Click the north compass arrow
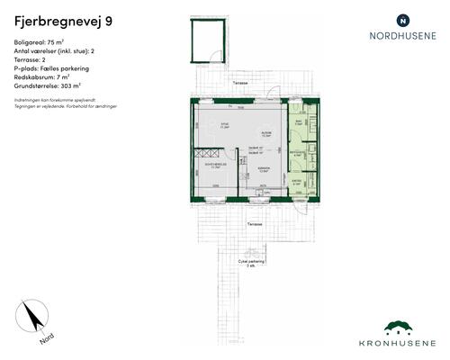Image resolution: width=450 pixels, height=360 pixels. pyautogui.click(x=34, y=319)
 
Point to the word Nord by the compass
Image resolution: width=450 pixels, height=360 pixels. pyautogui.click(x=47, y=339)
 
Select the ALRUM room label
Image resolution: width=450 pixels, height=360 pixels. pyautogui.click(x=265, y=134)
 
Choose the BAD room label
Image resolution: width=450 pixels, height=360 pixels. pyautogui.click(x=297, y=122)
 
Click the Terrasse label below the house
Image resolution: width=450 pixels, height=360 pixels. pyautogui.click(x=256, y=221)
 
